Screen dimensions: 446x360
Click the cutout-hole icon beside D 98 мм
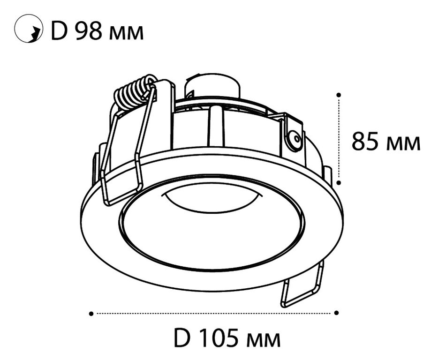tap(29, 29)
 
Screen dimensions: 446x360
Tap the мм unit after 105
tap(264, 341)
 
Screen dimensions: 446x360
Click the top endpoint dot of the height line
tap(339, 95)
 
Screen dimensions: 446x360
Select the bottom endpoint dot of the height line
tap(339, 182)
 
